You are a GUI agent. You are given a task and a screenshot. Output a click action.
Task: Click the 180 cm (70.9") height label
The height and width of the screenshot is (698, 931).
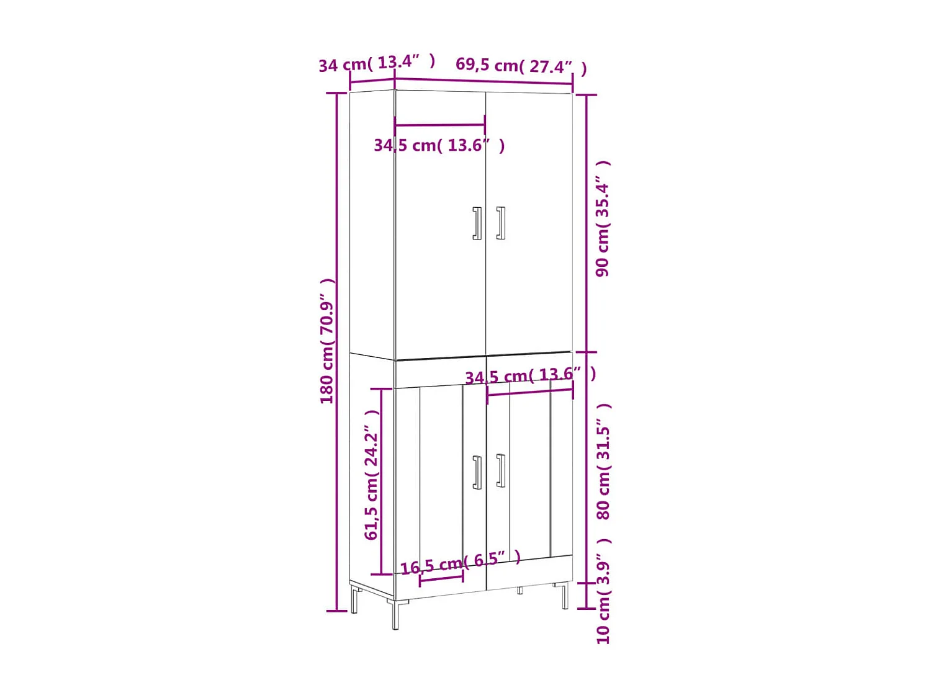(x=327, y=341)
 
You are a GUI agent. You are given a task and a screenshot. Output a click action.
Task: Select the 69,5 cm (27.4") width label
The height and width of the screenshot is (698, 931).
(x=521, y=65)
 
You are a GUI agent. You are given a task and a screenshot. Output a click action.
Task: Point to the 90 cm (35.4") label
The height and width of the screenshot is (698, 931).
(x=603, y=218)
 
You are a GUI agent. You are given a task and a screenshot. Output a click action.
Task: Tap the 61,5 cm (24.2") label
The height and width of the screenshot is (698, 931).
(x=371, y=475)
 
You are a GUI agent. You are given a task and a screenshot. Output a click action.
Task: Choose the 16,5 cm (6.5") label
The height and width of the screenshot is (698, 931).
(x=460, y=563)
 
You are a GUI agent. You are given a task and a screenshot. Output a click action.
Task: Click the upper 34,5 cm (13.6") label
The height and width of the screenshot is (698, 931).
(x=439, y=145)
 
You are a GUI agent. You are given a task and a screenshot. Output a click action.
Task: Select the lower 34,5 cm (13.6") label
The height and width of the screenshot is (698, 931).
(x=530, y=375)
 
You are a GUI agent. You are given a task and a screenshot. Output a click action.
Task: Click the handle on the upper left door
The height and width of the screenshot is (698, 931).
(x=477, y=223)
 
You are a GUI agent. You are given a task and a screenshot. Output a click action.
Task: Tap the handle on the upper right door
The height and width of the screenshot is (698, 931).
(x=500, y=223)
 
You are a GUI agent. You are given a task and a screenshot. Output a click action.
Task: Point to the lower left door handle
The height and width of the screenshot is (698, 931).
(x=477, y=473)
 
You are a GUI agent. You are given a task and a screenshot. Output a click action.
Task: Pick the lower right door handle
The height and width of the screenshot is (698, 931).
(x=500, y=471)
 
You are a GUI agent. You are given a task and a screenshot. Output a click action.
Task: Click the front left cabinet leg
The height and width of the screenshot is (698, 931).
(x=395, y=614)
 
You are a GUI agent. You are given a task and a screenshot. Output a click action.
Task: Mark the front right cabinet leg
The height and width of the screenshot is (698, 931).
(x=565, y=596)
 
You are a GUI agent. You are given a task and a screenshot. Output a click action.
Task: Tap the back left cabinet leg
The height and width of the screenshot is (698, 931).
(x=354, y=600)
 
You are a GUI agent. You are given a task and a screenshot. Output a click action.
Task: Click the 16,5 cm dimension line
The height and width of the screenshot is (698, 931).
(x=441, y=579)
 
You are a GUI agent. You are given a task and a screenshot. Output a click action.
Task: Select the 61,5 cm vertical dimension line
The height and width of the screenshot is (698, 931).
(x=382, y=481)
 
